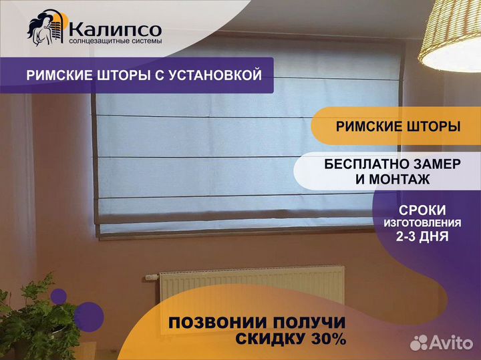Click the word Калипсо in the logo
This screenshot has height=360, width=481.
click(115, 29)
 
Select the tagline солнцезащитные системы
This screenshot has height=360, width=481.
click(116, 41)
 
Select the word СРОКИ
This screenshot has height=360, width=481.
click(422, 210)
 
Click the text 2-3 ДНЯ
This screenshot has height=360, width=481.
click(422, 236)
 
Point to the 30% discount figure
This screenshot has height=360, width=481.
click(329, 339)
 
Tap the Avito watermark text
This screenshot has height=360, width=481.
click(451, 343)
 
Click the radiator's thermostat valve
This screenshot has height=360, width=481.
click(152, 277)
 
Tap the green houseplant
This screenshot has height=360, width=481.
click(37, 319)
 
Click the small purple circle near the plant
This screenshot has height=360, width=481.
click(59, 297)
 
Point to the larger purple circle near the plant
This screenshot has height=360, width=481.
click(89, 317)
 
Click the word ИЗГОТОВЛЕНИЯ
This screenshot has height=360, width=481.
click(422, 223)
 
